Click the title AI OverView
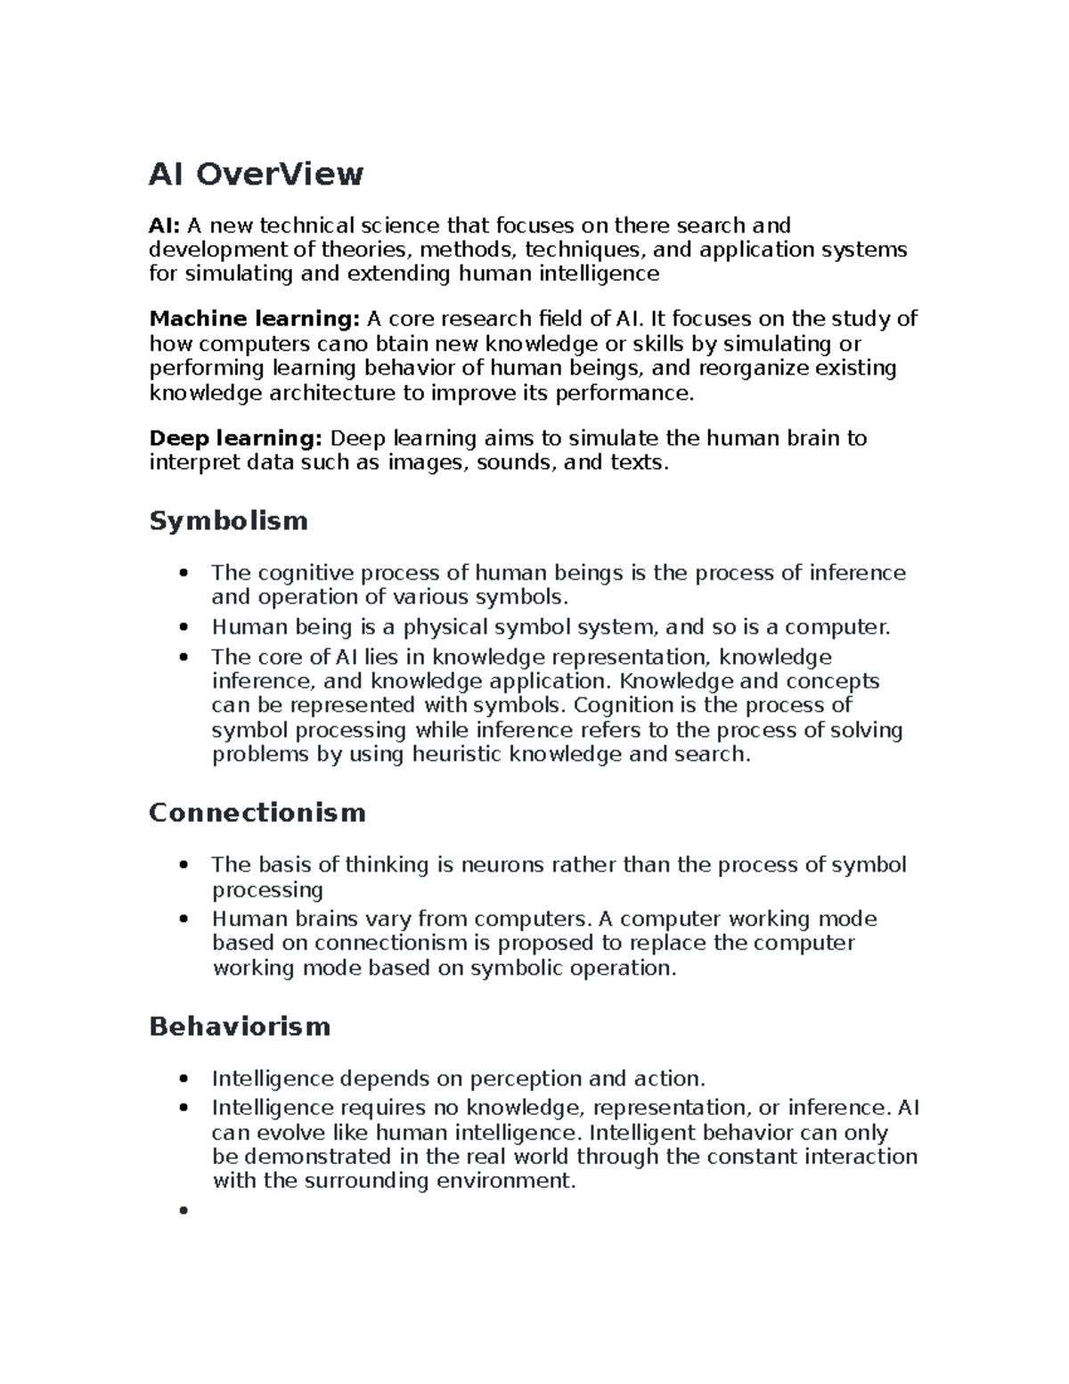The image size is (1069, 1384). (256, 174)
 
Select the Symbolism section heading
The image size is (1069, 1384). (228, 520)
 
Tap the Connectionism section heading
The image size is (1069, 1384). (257, 813)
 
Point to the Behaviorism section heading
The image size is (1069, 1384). (240, 1027)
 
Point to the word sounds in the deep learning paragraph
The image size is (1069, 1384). (511, 463)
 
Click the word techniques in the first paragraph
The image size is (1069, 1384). (581, 250)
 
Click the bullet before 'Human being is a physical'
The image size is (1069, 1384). (184, 627)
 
